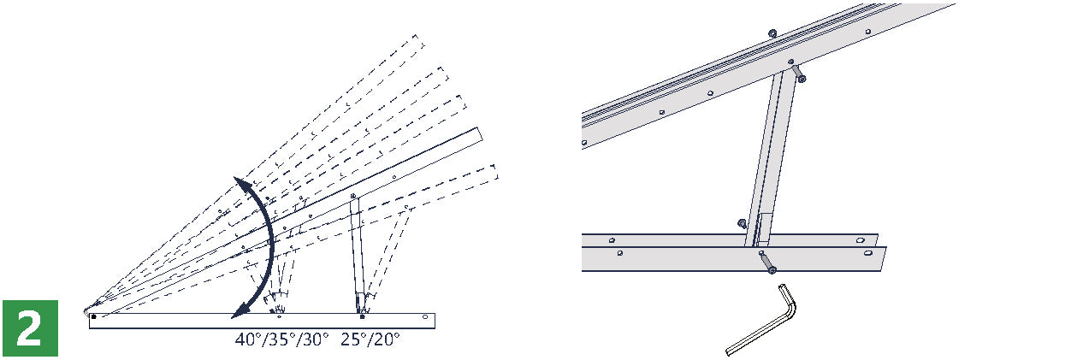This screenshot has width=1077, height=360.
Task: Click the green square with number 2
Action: point(30,328)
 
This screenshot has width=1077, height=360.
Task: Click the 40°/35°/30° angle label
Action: point(281,339)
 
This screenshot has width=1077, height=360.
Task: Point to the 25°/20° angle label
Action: point(370,339)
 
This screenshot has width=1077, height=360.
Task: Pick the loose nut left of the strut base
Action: point(742,223)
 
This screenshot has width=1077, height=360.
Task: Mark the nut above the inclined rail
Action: point(772,33)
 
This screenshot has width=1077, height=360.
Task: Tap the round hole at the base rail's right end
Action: point(425,317)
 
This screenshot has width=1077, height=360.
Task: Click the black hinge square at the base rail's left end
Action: point(94,316)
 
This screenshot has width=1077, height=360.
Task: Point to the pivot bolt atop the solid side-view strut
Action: point(353,196)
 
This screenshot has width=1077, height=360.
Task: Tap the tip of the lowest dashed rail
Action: point(495,172)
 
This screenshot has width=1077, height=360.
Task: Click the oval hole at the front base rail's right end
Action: point(868,253)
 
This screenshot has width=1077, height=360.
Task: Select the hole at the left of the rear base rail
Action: point(612,240)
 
